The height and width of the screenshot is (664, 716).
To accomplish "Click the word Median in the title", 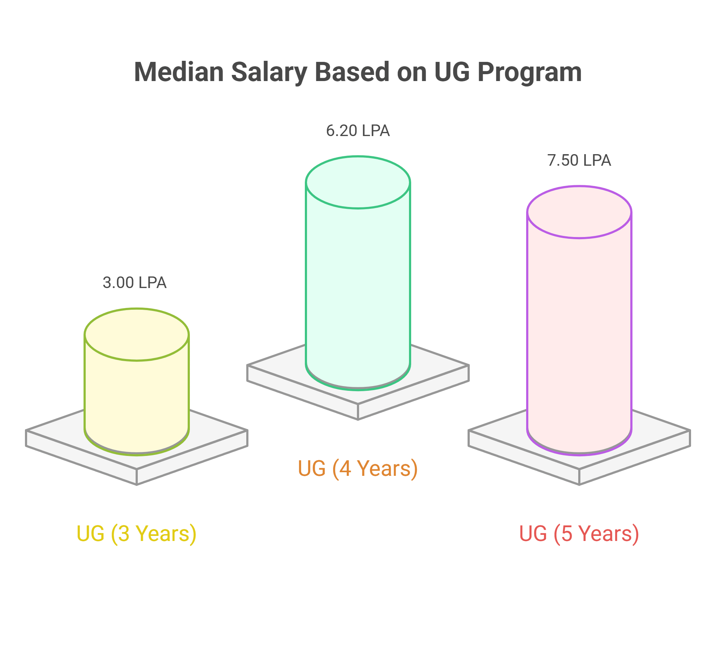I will click(x=179, y=72).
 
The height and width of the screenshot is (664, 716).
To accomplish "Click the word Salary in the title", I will click(x=269, y=72).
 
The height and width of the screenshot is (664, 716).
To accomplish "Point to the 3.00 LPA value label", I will click(x=135, y=283).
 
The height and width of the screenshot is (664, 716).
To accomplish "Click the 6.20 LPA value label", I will click(x=358, y=131).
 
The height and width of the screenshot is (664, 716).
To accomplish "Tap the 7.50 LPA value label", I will click(x=579, y=160).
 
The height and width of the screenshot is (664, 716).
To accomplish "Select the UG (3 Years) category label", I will click(x=136, y=533).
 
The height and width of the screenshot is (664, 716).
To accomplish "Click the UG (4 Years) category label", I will click(x=358, y=468).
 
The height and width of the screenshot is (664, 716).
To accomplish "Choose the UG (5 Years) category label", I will click(x=579, y=533).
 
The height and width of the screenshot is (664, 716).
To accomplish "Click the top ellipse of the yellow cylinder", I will click(x=137, y=335).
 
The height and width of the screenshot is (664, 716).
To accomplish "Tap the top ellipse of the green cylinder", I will click(x=358, y=182).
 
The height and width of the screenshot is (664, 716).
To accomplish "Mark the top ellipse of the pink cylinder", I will click(x=579, y=212).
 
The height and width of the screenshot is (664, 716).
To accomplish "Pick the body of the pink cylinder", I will click(x=579, y=344).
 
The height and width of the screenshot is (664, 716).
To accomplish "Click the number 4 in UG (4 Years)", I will click(x=345, y=468).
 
